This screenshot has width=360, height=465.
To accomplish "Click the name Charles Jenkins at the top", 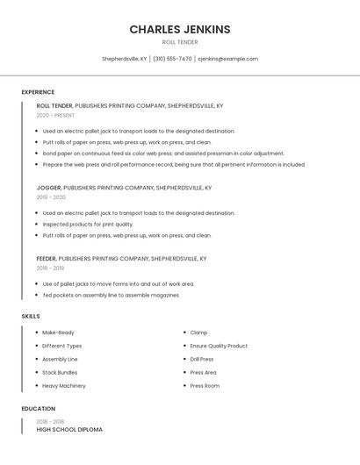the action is pos(180,29).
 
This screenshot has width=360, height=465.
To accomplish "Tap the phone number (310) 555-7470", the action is pos(172,59).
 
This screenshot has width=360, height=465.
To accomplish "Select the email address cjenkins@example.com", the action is pos(227,59).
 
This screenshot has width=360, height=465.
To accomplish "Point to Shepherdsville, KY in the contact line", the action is pos(125,59).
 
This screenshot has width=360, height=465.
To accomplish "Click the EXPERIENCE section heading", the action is pos(38,92).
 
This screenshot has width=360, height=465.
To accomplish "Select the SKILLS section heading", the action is pos(31,316).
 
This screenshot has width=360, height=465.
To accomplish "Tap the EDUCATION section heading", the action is pos(39,409).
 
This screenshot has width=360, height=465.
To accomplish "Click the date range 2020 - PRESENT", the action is pos(55,116).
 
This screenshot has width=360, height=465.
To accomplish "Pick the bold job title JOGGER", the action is pos(48,188).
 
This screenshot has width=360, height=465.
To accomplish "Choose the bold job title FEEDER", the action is pos(47,259).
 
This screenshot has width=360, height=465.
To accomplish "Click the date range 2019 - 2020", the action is pos(51,197).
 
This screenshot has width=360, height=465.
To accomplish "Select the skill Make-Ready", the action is pos(58,333).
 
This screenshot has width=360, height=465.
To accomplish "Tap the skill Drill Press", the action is pos(202,359).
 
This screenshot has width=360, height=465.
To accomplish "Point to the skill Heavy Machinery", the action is pos(64,385).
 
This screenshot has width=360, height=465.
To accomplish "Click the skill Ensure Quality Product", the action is pos(219,346).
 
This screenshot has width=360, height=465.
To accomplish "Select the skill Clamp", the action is pos(198,333).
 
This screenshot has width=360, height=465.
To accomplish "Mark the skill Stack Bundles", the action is pos(60,372).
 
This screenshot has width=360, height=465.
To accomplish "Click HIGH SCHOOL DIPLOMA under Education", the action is pos(69,430).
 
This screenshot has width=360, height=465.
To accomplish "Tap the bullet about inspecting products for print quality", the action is pos(88,224).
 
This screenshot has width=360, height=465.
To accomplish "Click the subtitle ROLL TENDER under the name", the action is pos(180,42).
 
